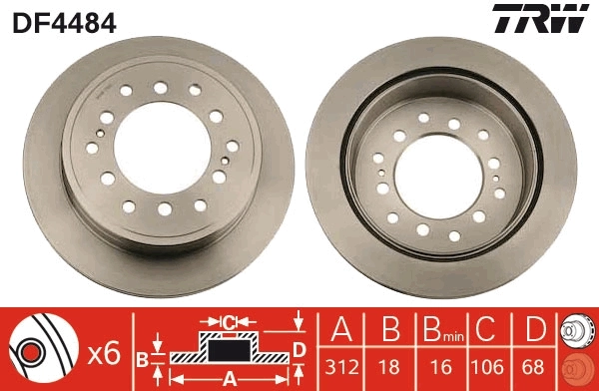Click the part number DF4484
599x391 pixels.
point(63,21)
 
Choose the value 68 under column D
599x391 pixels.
point(537,367)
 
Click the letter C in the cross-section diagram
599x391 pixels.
point(229,321)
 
